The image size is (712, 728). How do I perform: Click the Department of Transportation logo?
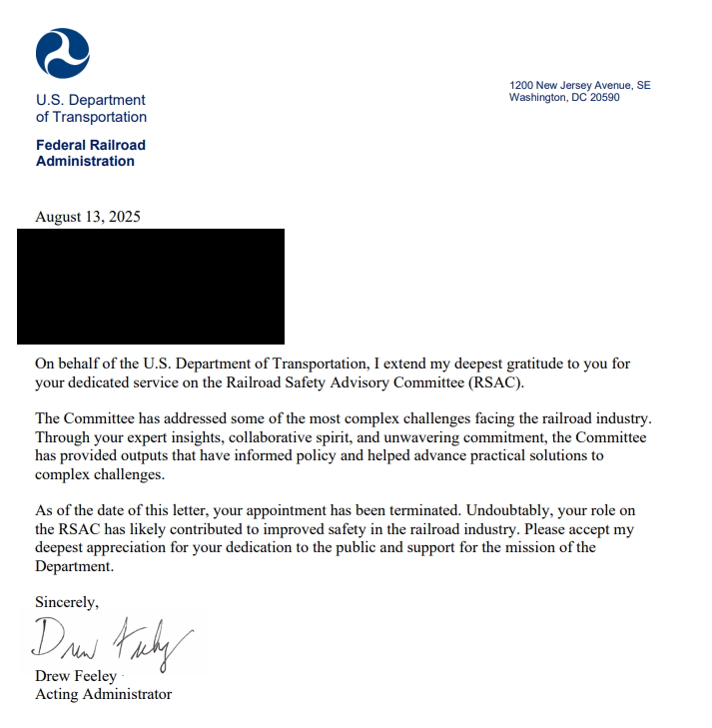point(63,53)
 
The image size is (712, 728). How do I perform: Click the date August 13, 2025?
point(88,217)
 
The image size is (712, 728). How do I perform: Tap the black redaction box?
point(151,287)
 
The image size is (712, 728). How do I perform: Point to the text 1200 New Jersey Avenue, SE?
point(579,86)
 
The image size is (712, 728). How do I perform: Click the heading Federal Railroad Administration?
point(90,153)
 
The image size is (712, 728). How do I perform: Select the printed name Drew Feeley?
point(76,676)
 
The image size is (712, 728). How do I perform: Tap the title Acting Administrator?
point(103,694)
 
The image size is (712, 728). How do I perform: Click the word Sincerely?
point(66,602)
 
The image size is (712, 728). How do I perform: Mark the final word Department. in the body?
point(75,565)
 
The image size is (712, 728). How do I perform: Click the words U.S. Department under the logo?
point(91,100)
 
